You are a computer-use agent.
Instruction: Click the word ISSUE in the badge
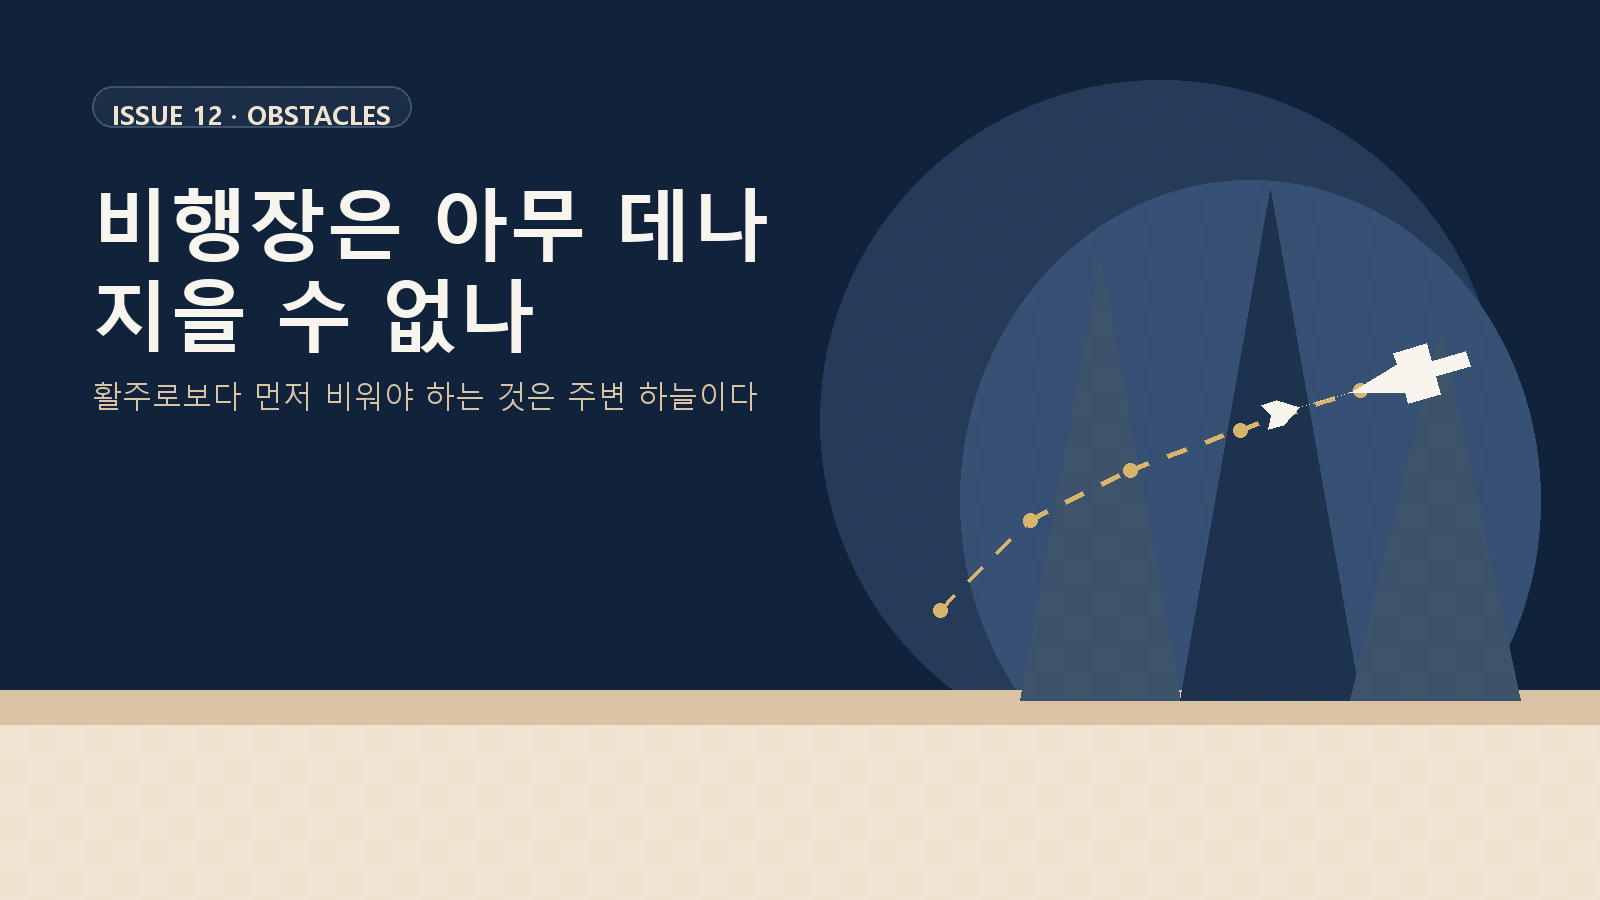point(147,116)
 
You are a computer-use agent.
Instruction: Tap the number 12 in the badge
point(208,116)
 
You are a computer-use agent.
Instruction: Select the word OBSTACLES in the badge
point(319,116)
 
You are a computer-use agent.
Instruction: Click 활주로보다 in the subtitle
point(167,396)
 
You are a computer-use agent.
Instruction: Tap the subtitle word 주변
point(597,396)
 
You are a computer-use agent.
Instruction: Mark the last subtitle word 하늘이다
point(698,396)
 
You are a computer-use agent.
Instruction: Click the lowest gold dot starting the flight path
point(940,610)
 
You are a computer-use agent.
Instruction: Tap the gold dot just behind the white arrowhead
point(1240,430)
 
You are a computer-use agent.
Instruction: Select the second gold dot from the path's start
point(1030,520)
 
